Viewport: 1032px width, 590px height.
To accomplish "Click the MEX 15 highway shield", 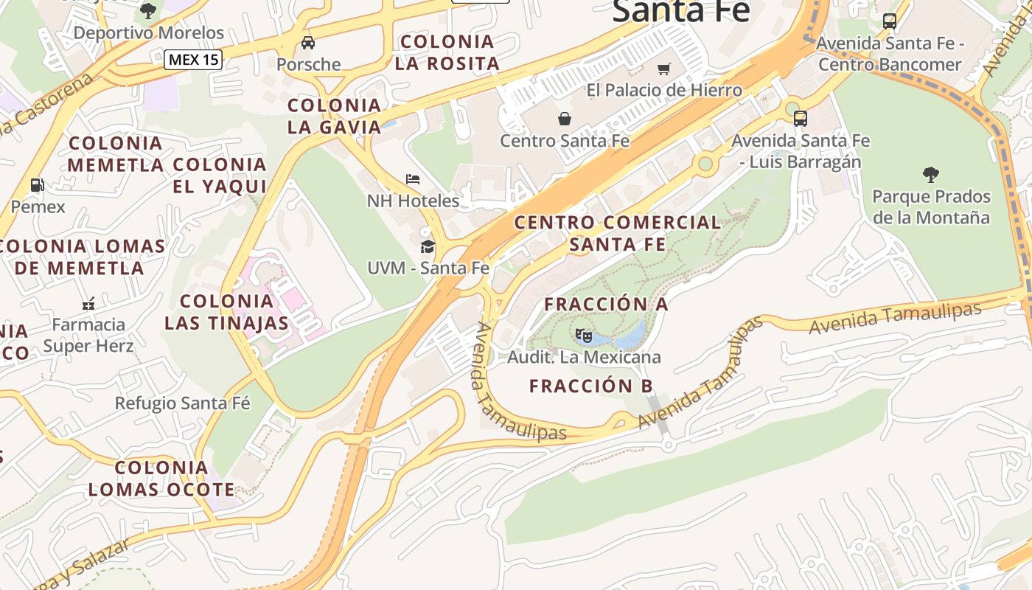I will (x=193, y=60).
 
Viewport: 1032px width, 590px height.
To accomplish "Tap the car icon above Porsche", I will (x=308, y=43).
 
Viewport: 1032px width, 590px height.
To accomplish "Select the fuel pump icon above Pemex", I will (x=37, y=185).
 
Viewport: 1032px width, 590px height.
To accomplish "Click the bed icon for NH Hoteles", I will (x=413, y=179).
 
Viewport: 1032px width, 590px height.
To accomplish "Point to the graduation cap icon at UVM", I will (x=428, y=246).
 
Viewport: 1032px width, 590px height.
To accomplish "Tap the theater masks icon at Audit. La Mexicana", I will (x=584, y=336).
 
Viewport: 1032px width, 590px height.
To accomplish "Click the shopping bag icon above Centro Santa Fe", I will (x=565, y=119).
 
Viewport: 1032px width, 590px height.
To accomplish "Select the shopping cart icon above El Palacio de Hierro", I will (x=664, y=69).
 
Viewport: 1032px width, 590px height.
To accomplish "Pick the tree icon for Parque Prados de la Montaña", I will (x=931, y=175).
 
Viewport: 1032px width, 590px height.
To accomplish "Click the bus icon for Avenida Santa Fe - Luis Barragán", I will (x=800, y=118).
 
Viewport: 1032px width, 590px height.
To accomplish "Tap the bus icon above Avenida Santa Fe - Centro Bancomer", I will (x=890, y=21).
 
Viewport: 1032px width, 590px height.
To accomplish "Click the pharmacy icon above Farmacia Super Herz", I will (x=88, y=303).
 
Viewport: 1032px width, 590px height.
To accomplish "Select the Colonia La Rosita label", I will (x=447, y=52).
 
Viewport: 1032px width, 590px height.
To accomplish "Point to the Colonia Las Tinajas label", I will (x=226, y=312).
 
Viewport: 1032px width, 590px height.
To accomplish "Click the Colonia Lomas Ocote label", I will (x=161, y=478).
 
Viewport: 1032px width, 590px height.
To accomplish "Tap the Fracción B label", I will (x=591, y=386).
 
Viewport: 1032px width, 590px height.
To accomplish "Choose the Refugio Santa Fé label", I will (x=182, y=403).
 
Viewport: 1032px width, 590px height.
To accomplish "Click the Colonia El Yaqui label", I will (x=219, y=176).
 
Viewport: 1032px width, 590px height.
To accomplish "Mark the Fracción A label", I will (x=606, y=304).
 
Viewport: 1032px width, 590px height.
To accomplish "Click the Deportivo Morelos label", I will (x=148, y=32).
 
